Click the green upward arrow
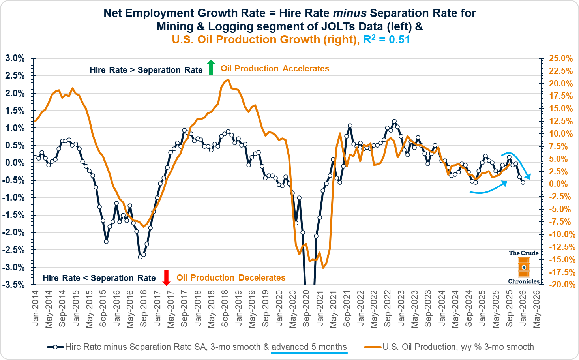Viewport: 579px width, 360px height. pos(211,67)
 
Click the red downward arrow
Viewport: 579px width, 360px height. pos(166,278)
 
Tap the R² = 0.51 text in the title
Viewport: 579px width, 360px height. pos(386,39)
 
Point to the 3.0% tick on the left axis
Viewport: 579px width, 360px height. pos(15,58)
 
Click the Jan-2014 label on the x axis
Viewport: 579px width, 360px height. pos(35,308)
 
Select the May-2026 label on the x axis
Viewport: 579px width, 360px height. pos(537,309)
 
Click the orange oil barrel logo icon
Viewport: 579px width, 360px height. pos(524,267)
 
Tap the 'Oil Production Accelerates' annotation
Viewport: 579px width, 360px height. pos(275,68)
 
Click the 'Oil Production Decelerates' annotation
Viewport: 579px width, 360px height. pos(231,277)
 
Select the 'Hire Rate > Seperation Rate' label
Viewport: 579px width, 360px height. pos(146,70)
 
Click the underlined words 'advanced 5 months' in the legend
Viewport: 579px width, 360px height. pos(309,347)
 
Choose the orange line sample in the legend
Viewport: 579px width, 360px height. pos(373,347)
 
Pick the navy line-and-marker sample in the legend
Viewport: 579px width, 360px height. pos(55,347)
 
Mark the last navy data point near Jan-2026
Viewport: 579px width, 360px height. pos(523,182)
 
